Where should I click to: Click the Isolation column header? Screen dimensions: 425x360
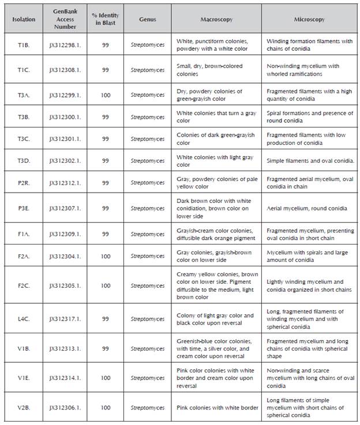pyautogui.click(x=24, y=20)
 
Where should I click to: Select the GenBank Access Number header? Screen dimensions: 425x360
pyautogui.click(x=65, y=19)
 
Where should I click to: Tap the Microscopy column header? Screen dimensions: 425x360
pyautogui.click(x=309, y=20)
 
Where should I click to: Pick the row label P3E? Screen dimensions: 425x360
pyautogui.click(x=24, y=208)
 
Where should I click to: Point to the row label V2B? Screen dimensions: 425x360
pyautogui.click(x=24, y=408)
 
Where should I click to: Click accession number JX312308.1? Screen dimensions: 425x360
pyautogui.click(x=65, y=70)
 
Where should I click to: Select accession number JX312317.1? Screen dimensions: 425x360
pyautogui.click(x=65, y=319)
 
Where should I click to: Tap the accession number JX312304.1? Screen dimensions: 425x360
pyautogui.click(x=65, y=255)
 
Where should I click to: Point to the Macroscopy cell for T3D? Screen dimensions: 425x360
pyautogui.click(x=215, y=161)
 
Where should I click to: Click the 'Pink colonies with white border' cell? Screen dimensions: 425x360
pyautogui.click(x=217, y=408)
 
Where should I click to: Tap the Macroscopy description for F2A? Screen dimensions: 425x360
pyautogui.click(x=215, y=255)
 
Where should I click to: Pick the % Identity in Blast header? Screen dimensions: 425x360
pyautogui.click(x=106, y=19)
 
